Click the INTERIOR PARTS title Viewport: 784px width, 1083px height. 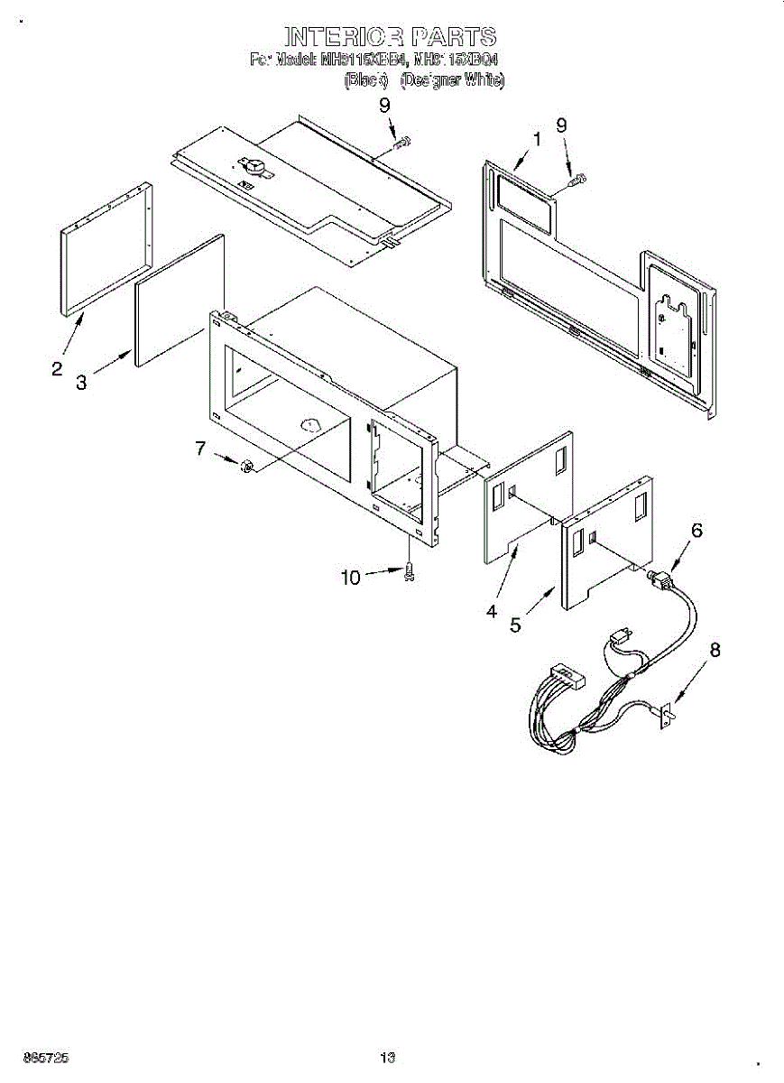(391, 37)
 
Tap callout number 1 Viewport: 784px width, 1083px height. (537, 140)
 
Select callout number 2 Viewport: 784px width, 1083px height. (57, 368)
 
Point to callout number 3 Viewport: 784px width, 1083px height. (82, 383)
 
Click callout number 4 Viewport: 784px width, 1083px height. (491, 611)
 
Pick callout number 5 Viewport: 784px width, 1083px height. (515, 625)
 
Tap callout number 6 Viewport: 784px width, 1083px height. (696, 531)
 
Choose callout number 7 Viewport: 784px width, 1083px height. (200, 447)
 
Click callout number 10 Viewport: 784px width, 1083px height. (350, 577)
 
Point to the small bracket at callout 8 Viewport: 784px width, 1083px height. (667, 715)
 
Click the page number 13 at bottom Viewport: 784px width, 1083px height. (388, 1058)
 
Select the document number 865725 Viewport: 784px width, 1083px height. (46, 1058)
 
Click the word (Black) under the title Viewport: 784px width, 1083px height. (367, 80)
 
